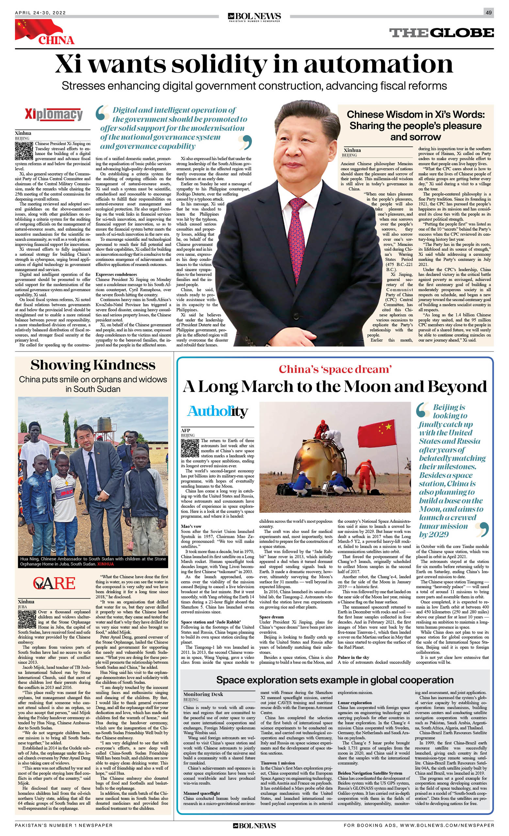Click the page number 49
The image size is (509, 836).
pos(489,12)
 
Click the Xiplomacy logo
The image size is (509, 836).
pos(54,114)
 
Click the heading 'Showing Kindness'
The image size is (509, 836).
pos(93,365)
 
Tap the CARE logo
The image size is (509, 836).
pos(54,583)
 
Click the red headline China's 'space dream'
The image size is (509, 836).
pos(335,369)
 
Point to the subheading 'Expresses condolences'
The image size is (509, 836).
pos(116,274)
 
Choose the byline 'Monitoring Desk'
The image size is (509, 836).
pos(203,694)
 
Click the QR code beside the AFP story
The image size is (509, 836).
pos(190,448)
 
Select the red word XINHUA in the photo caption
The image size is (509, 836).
pos(105,564)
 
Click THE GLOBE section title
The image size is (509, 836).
pos(441,33)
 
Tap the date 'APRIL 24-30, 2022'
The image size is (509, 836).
pos(40,13)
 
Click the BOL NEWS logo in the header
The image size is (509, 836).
pos(254,16)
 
